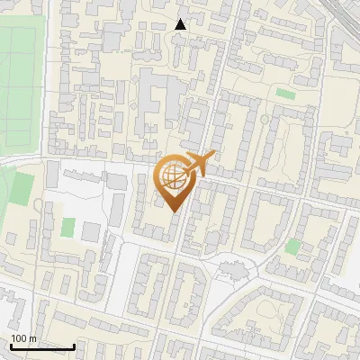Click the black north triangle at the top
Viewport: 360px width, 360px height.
coord(180,23)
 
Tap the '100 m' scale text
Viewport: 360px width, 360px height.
coord(22,338)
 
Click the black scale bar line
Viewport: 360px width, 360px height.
coord(42,346)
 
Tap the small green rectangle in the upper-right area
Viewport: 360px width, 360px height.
coord(285,93)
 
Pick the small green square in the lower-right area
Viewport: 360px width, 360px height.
coord(292,246)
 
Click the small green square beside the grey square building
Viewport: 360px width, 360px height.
coord(67,227)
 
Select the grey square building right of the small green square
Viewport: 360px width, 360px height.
coord(91,230)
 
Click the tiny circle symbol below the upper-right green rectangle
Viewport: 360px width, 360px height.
coord(264,119)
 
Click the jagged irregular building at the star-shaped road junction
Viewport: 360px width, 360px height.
coord(232,269)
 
